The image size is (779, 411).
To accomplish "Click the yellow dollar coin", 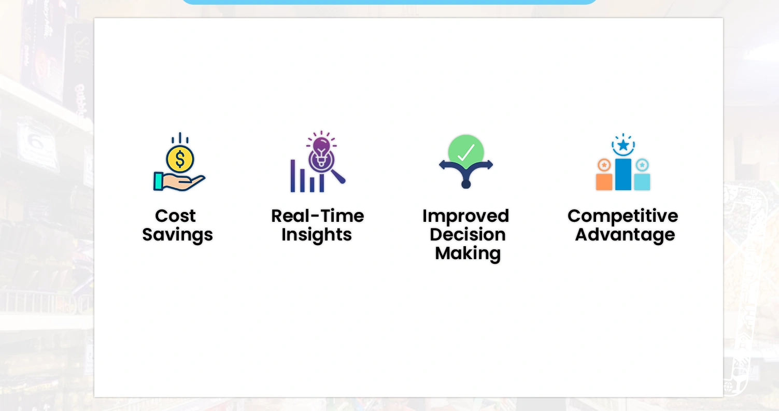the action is click(180, 159).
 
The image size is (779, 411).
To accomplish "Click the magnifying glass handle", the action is click(338, 177).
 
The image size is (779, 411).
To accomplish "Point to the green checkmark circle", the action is click(466, 152).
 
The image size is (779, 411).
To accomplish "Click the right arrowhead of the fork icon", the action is click(489, 165).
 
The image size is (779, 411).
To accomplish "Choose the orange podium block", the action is click(604, 182).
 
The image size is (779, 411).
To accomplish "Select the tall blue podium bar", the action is click(623, 175).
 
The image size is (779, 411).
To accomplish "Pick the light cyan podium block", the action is click(642, 182).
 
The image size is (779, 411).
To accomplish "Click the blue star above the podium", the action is click(623, 145).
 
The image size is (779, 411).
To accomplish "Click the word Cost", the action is click(175, 216).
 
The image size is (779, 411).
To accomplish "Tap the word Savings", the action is click(177, 235).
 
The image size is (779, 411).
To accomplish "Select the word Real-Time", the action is click(318, 216).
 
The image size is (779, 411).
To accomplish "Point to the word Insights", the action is click(317, 235).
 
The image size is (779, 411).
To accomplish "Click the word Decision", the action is click(468, 235).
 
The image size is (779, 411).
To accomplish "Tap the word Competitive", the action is click(623, 217).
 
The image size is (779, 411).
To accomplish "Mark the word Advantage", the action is click(625, 235).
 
